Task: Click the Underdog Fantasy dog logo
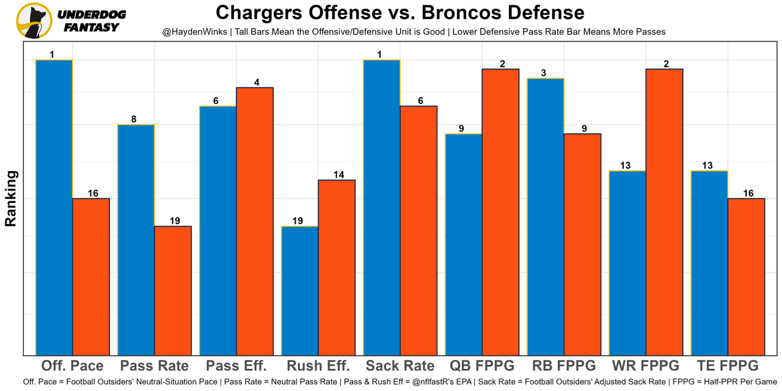pos(34,21)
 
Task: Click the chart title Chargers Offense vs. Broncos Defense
pos(400,12)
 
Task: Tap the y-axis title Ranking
pos(11,199)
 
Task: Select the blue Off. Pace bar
pos(54,208)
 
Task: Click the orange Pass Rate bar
pos(173,290)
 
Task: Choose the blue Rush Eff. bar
pos(300,290)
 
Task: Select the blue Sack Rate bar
pos(382,208)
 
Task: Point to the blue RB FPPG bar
pos(546,217)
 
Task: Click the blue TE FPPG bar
pos(709,263)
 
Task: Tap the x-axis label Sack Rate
pos(400,366)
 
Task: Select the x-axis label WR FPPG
pos(646,366)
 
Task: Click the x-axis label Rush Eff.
pos(318,366)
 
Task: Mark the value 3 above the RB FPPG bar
pos(544,73)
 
